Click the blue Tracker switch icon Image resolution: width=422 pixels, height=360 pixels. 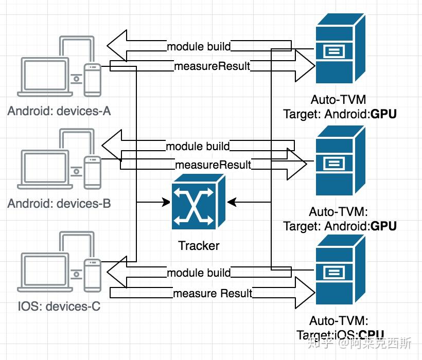tap(198, 202)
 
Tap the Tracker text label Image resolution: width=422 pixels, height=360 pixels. tap(199, 246)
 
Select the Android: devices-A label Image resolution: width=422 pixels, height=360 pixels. tap(59, 111)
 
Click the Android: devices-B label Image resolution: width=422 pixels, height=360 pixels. tap(59, 203)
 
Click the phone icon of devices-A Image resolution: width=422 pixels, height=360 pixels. tap(92, 79)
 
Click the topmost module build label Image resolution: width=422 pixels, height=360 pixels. tap(199, 47)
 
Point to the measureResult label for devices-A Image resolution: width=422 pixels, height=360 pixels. tap(212, 66)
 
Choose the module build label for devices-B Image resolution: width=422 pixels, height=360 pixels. tap(198, 146)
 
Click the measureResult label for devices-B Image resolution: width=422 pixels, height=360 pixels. tap(213, 165)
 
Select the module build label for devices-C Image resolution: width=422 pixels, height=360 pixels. tap(199, 272)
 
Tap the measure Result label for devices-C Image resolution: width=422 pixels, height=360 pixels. tap(213, 294)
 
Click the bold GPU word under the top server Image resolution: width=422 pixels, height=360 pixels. tap(384, 114)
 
